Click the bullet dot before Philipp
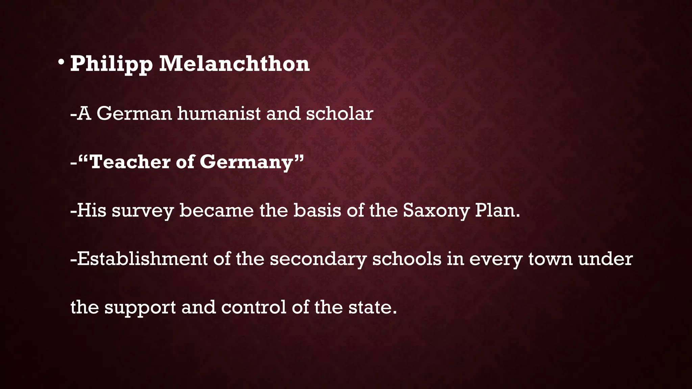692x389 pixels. (61, 62)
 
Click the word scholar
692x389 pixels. (339, 113)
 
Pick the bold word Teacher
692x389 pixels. (130, 162)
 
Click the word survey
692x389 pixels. (143, 211)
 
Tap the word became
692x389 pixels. (217, 210)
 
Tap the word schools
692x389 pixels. (406, 259)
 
